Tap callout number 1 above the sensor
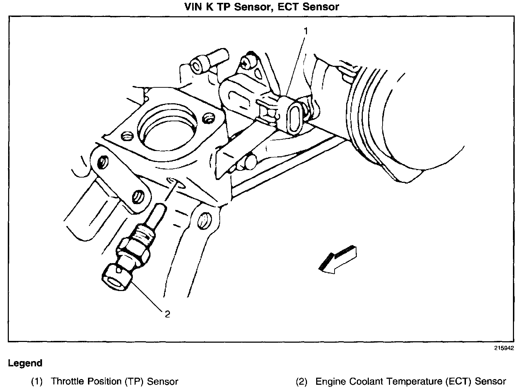tap(306, 31)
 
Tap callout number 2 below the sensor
tap(167, 314)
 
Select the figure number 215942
tap(504, 348)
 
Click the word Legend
tap(25, 363)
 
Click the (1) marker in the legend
tap(36, 382)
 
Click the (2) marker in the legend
tap(301, 382)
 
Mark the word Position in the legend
tap(102, 382)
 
